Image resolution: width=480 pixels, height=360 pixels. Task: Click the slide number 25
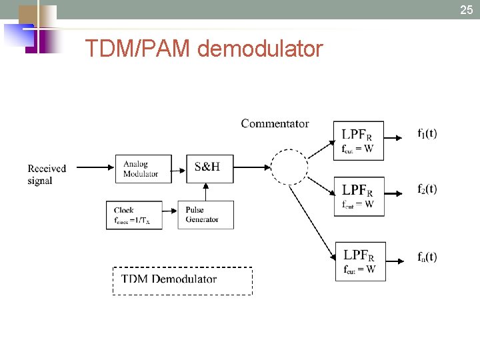(466, 9)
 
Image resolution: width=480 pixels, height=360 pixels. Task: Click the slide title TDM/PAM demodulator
(204, 49)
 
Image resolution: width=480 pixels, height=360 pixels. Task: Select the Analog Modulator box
(143, 169)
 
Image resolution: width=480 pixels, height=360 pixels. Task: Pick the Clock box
(134, 215)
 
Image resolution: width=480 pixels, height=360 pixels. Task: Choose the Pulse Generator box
(205, 215)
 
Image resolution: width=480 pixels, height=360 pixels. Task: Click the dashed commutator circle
(289, 167)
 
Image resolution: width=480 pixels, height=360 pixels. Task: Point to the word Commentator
(275, 123)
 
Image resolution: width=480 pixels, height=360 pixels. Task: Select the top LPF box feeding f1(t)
(359, 140)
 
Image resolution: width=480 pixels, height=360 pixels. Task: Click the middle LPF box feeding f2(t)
(359, 196)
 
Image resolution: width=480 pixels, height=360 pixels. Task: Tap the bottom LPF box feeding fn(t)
(360, 261)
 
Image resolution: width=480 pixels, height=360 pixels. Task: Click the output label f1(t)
(427, 133)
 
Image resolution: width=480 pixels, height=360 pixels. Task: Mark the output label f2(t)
(427, 189)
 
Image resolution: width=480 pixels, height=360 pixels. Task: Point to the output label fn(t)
(427, 257)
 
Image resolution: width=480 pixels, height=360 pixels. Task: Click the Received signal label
(47, 174)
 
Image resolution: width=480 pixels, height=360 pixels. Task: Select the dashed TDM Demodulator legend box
(182, 280)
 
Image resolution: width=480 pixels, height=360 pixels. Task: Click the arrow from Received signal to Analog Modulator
(93, 168)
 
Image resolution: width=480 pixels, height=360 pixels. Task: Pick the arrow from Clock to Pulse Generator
(170, 213)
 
